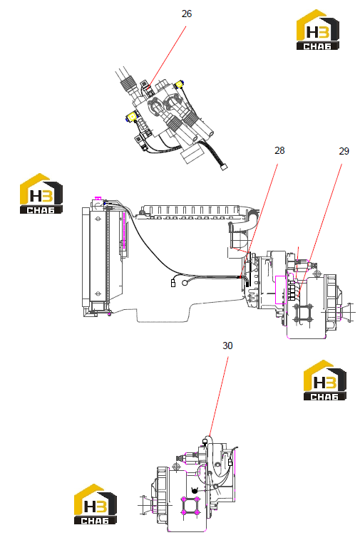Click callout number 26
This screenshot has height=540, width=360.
click(186, 14)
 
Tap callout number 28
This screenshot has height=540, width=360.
click(279, 150)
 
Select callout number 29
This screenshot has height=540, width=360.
click(344, 151)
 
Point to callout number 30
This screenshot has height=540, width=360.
click(227, 346)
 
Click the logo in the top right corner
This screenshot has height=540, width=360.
click(318, 30)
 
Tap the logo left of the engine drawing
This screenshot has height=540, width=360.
click(41, 194)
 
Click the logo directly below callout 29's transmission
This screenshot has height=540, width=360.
click(324, 380)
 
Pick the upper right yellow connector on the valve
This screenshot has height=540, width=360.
click(179, 84)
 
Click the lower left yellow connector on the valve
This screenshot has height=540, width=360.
click(132, 118)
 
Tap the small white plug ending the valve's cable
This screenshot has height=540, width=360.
click(225, 167)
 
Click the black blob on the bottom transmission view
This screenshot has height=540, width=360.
click(195, 490)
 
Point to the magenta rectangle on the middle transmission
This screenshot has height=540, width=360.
click(281, 290)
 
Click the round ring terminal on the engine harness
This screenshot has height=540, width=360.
click(185, 283)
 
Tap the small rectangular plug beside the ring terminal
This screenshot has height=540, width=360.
click(173, 284)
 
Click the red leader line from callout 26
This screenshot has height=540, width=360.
click(168, 57)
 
